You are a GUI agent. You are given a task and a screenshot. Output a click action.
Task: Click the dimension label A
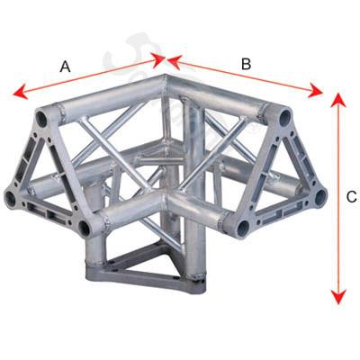65,67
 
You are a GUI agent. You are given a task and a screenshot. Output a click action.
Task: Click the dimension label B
246,64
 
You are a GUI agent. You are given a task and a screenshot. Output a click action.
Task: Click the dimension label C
352,197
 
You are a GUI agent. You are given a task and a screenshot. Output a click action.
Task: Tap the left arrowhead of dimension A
21,92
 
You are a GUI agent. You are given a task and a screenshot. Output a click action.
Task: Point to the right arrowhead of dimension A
158,59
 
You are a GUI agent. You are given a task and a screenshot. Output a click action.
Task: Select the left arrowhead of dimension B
175,62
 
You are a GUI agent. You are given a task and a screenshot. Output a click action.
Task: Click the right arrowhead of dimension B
316,90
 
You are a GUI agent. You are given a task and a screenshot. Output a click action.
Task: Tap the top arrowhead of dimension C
338,100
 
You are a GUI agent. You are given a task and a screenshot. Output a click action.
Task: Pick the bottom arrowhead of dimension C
338,296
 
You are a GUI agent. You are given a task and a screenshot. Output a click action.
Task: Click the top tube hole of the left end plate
42,120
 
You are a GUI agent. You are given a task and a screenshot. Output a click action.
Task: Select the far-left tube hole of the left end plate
11,199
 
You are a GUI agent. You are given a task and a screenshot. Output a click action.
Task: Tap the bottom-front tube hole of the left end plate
85,229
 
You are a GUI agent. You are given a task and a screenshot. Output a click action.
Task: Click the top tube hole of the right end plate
284,117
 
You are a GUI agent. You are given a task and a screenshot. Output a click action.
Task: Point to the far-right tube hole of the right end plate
320,198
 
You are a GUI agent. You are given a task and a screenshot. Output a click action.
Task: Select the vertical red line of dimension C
338,198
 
